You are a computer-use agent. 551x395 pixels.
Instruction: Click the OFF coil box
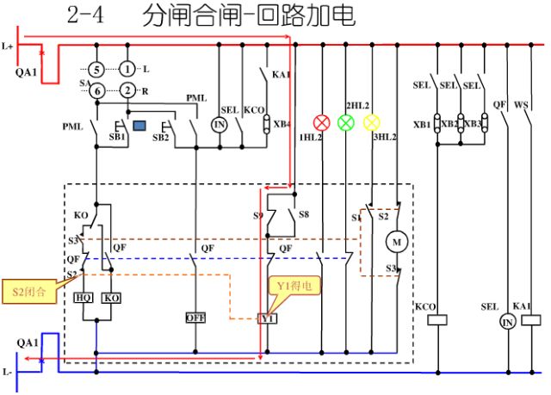pyautogui.click(x=195, y=318)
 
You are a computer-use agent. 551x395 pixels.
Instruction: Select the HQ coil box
pyautogui.click(x=84, y=297)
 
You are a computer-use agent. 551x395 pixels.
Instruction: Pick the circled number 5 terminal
pyautogui.click(x=98, y=69)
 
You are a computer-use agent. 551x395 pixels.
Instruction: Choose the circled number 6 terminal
pyautogui.click(x=98, y=90)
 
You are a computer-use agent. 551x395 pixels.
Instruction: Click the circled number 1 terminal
pyautogui.click(x=127, y=69)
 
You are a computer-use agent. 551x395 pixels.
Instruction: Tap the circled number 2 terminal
pyautogui.click(x=127, y=90)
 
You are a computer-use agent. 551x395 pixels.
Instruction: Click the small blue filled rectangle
pyautogui.click(x=139, y=126)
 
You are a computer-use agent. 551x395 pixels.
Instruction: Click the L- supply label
pyautogui.click(x=8, y=372)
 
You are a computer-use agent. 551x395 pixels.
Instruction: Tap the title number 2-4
pyautogui.click(x=84, y=16)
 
